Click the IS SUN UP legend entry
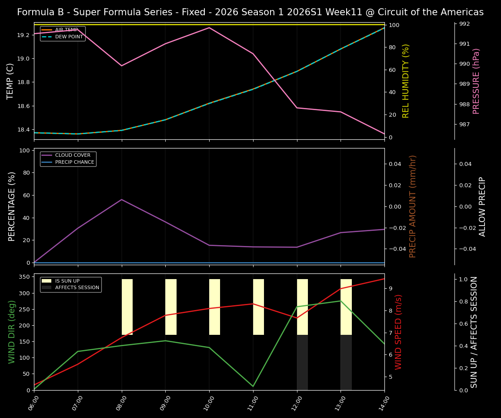coord(67,281)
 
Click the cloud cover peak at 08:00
coord(122,199)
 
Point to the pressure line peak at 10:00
coord(209,27)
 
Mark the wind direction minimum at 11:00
coord(253,386)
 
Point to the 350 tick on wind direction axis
coord(24,277)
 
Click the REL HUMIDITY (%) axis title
coord(406,81)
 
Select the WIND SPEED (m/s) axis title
coord(398,332)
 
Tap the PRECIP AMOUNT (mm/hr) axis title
coord(413,206)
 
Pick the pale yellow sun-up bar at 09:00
coord(171,307)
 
